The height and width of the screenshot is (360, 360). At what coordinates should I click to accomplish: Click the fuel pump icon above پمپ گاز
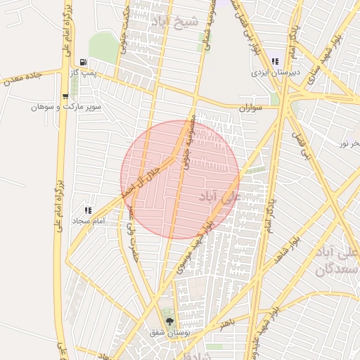pos(84,62)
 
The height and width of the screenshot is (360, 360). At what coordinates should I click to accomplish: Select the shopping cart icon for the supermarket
pos(65,96)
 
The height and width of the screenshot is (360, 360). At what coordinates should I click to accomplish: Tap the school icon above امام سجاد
pos(88,210)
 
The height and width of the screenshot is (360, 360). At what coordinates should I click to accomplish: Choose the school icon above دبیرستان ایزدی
pos(274,61)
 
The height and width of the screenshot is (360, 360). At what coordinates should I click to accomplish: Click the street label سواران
pos(250,109)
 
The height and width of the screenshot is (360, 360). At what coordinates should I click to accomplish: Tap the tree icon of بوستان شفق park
pos(168,321)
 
